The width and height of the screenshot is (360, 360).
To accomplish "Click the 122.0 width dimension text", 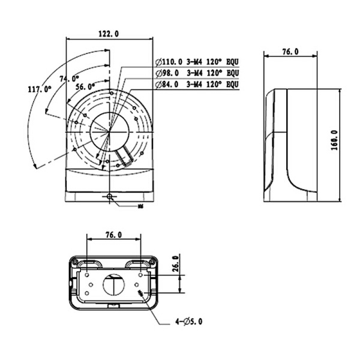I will point(109,34).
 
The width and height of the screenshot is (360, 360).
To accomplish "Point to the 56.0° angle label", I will point(85,87).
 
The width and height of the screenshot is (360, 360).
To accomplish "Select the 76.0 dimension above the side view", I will point(290,52).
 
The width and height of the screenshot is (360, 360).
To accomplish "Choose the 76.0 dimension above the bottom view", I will point(113,234).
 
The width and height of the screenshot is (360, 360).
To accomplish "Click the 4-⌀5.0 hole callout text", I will point(188,322).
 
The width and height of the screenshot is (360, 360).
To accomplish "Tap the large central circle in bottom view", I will point(113,284).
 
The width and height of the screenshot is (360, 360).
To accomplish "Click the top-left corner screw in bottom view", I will point(74,262).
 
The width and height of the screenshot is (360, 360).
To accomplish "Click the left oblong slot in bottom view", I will point(91,263).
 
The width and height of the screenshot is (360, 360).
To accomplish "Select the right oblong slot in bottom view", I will point(137,263).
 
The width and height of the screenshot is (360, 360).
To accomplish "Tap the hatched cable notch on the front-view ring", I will point(127,157).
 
